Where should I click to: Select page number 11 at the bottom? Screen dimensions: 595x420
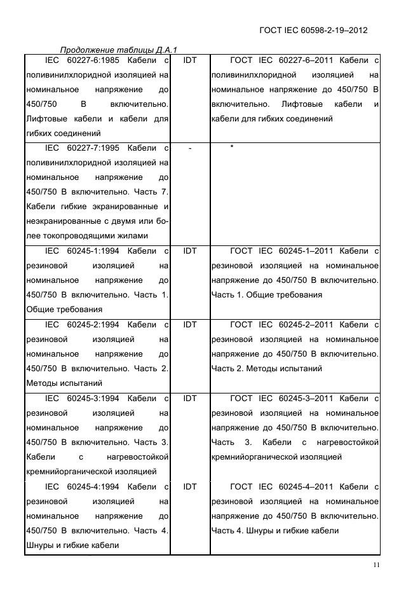376,565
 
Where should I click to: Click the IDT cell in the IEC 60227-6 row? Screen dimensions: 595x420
189,60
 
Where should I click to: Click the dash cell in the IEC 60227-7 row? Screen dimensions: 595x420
189,148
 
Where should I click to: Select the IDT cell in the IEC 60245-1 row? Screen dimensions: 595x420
189,250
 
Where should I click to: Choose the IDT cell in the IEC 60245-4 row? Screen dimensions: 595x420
189,486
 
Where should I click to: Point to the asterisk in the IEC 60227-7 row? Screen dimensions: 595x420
233,147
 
